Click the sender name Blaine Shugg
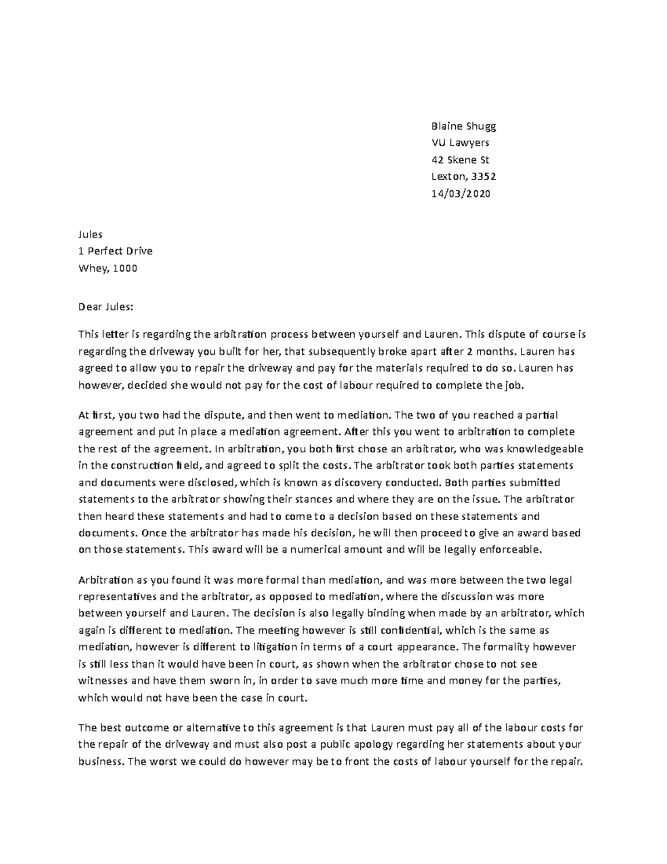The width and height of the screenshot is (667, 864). click(x=464, y=126)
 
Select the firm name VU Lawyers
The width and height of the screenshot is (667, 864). click(x=461, y=143)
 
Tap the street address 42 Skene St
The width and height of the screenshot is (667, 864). click(x=460, y=160)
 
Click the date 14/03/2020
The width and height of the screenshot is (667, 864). click(x=461, y=194)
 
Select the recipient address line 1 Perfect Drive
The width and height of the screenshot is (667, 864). click(x=116, y=251)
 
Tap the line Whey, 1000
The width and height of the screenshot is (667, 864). click(x=107, y=268)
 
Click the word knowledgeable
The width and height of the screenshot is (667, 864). click(x=539, y=448)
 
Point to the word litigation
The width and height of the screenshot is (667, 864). click(x=275, y=647)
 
